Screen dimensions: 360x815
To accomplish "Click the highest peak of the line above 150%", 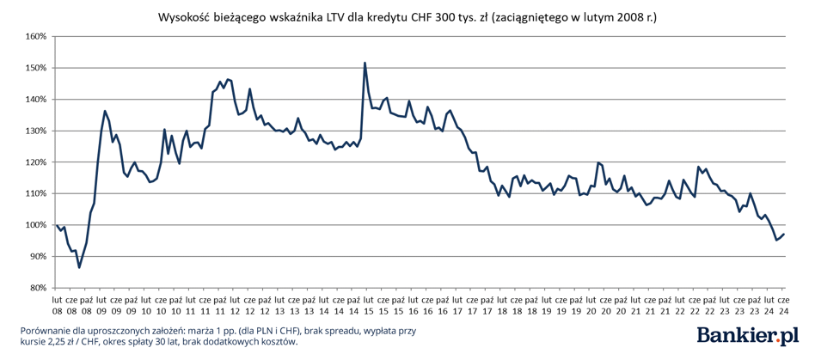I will pyautogui.click(x=365, y=63).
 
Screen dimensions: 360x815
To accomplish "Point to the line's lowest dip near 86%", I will pyautogui.click(x=79, y=267).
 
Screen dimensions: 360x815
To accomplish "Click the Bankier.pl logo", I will pyautogui.click(x=748, y=336).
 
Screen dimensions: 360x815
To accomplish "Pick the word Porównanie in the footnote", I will pyautogui.click(x=46, y=331).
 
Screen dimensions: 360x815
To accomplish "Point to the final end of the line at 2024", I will pyautogui.click(x=784, y=235).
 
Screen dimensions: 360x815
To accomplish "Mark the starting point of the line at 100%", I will pyautogui.click(x=57, y=225).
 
